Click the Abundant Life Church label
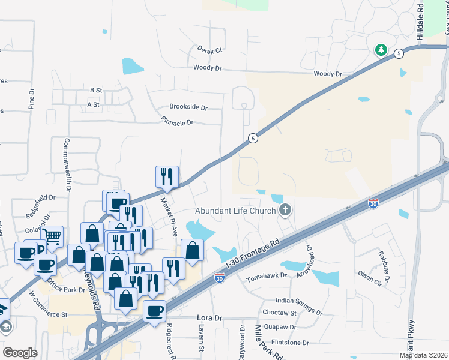[x=235, y=211]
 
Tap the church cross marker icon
[x=285, y=210]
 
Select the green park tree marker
[x=381, y=50]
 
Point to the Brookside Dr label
[x=188, y=107]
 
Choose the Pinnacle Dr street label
[x=177, y=122]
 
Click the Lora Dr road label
[x=209, y=317]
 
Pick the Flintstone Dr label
[x=290, y=343]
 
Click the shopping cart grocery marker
[x=52, y=236]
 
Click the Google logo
[x=20, y=353]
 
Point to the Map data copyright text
[x=423, y=355]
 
